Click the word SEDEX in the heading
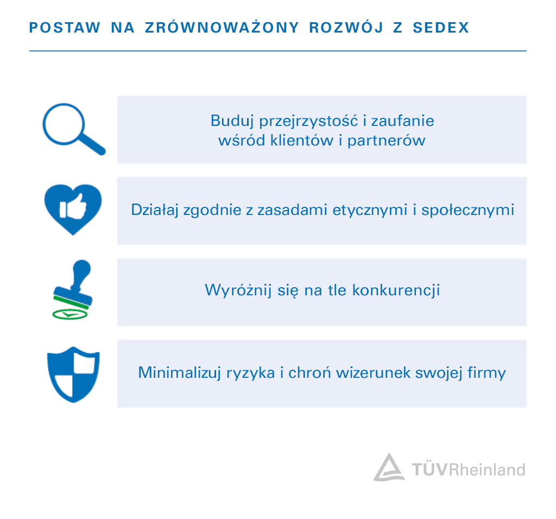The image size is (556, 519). tap(441, 28)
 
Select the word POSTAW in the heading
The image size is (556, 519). tap(65, 28)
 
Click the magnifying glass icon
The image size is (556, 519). tap(74, 129)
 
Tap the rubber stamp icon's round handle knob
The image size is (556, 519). tap(81, 268)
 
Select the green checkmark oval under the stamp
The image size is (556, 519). tap(70, 314)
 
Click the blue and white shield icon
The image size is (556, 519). tap(73, 375)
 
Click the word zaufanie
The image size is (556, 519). tap(402, 121)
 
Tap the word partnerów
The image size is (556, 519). tap(386, 141)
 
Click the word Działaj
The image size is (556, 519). tap(155, 210)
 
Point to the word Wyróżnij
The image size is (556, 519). tap(238, 290)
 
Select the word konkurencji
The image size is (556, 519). tap(396, 290)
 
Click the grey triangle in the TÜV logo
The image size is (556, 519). tap(389, 467)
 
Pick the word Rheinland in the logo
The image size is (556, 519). tap(487, 470)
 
